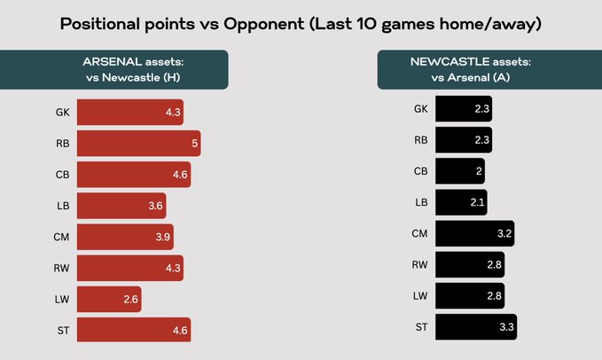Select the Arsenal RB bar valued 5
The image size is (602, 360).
pos(138,143)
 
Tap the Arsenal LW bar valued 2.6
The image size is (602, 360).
pos(109,299)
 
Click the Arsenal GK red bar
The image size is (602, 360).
pos(130,112)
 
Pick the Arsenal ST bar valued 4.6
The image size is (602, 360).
pos(134,330)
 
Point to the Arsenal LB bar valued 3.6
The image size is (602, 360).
pos(121,206)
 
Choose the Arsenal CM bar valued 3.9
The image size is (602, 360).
pos(125,237)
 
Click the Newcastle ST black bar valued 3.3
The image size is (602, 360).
pos(477,328)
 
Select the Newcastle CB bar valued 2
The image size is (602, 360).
pos(459,171)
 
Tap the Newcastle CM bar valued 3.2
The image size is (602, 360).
pos(475,234)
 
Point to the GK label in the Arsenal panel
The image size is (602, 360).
pos(62,113)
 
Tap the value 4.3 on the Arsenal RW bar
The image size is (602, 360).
pos(172,268)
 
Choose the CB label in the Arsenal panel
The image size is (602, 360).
pos(62,175)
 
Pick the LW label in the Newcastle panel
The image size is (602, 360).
pos(419,297)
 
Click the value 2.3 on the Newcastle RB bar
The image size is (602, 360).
pos(480,140)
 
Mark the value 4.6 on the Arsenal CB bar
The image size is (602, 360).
pos(180,175)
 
